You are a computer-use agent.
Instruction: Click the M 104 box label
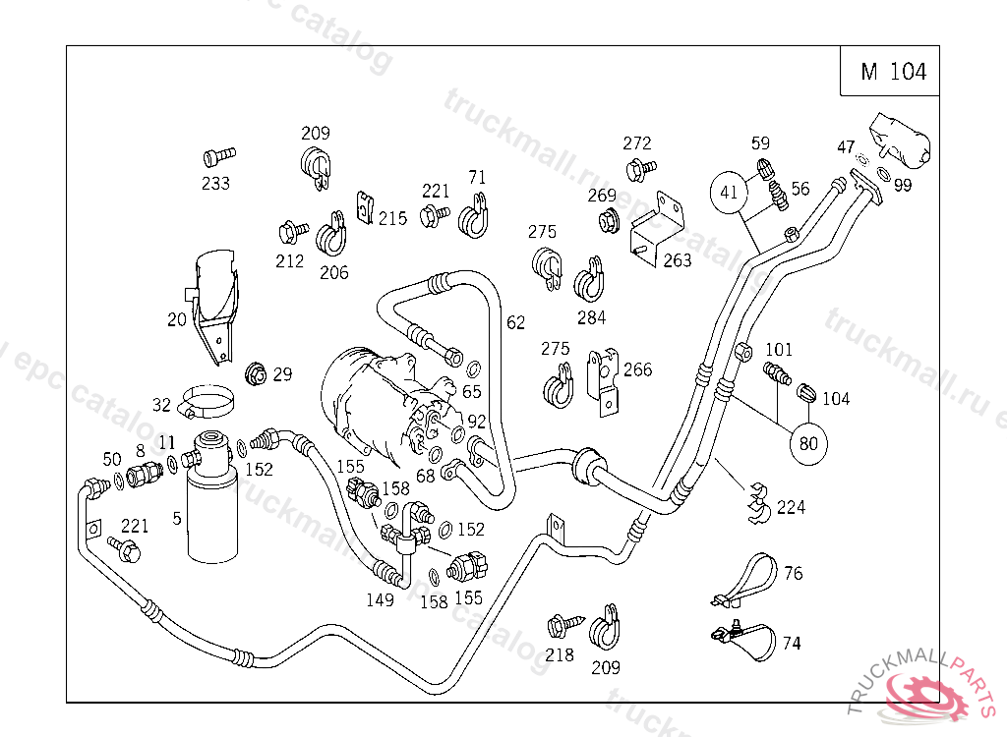point(893,72)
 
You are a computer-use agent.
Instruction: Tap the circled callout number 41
point(729,193)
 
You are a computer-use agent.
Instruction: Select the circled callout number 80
point(808,443)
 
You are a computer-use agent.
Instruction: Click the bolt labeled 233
point(218,155)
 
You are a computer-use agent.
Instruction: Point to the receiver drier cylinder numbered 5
point(210,501)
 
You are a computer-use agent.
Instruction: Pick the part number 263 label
point(677,260)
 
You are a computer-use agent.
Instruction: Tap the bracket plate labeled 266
point(602,377)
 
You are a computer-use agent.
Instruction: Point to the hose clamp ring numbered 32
point(207,400)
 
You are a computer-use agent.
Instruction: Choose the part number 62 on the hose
point(515,322)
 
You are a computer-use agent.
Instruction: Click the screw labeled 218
point(561,624)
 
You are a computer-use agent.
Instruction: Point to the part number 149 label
point(381,600)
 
